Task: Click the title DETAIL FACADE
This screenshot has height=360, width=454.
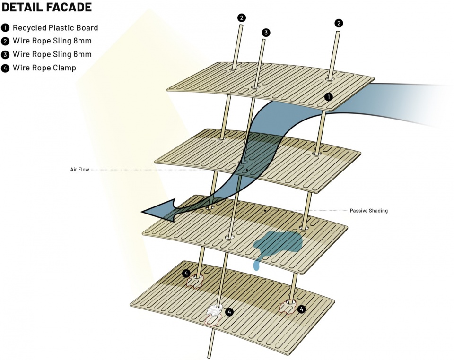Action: click(x=47, y=8)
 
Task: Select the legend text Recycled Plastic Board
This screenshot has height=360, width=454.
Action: click(x=55, y=28)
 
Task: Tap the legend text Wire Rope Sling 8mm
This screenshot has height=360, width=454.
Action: click(x=52, y=41)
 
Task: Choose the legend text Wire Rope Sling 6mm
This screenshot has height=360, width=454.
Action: click(x=52, y=54)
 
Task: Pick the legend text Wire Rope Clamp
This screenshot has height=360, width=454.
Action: click(x=44, y=68)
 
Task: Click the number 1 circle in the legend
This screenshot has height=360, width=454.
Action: click(x=6, y=28)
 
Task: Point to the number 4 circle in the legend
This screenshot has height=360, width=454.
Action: click(x=6, y=68)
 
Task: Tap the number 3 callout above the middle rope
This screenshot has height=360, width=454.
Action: click(x=266, y=33)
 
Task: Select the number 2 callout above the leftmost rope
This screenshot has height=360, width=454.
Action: click(x=242, y=18)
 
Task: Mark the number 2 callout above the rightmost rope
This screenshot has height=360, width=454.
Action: click(x=339, y=23)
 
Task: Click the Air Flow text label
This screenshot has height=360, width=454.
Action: click(x=79, y=169)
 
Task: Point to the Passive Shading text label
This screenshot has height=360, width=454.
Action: click(x=368, y=211)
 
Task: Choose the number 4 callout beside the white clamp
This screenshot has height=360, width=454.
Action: click(x=229, y=312)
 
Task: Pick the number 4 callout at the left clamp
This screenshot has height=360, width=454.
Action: click(x=186, y=274)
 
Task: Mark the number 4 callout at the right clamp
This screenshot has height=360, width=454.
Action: click(x=302, y=309)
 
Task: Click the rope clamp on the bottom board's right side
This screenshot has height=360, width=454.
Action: click(x=288, y=307)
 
